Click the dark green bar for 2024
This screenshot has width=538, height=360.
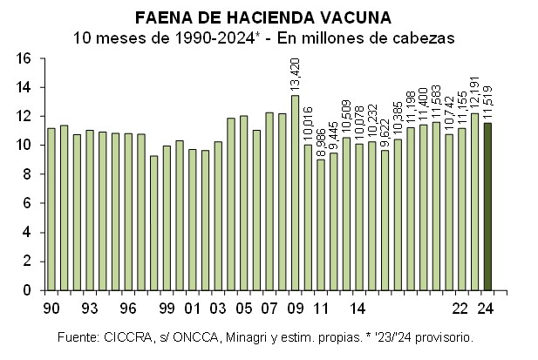487,207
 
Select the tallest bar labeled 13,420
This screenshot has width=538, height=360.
295,193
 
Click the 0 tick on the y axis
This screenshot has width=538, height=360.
28,290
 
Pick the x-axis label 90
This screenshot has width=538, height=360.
51,307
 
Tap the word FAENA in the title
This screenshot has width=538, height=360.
160,17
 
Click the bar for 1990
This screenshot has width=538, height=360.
51,209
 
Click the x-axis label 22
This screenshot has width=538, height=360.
461,307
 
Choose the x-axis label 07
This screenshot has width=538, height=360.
269,307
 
